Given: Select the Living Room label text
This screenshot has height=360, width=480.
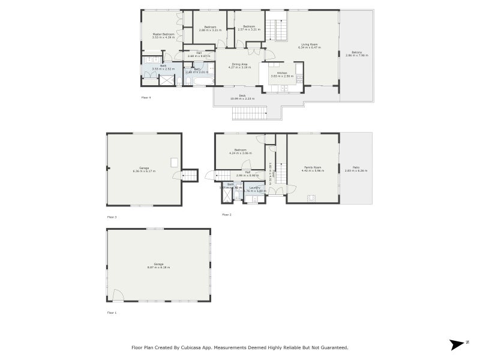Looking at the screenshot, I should pos(310,46).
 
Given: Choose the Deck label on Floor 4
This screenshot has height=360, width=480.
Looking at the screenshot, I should pos(242,97).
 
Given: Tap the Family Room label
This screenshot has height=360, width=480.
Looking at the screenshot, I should pos(312,169).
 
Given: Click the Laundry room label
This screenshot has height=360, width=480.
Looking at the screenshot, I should pos(254,189).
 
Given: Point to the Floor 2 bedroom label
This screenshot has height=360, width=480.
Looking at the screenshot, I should pos(241,151).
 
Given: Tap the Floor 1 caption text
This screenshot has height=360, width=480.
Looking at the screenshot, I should pos(112,313).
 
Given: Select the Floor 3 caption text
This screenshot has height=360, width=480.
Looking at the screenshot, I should pos(112,217).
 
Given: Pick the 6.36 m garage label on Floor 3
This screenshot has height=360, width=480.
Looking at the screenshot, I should pos(144,170).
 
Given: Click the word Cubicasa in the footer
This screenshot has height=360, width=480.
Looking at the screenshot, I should pos(211,347).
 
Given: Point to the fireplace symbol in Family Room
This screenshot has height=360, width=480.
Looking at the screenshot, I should pos(311,197).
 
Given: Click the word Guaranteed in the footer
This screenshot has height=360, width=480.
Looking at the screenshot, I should pos(332,347).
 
